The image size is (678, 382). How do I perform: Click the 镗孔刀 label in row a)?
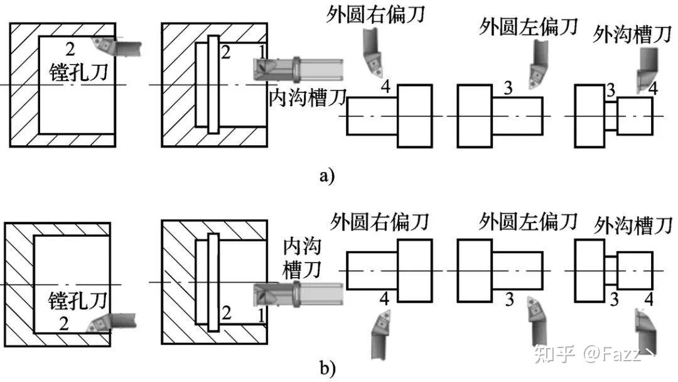coord(78,72)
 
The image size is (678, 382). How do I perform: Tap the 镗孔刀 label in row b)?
coord(77,300)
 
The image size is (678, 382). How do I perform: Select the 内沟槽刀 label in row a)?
coord(308,97)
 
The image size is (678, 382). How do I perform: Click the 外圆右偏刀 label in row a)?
coord(375,14)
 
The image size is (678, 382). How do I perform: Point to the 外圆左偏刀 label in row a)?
coord(529,27)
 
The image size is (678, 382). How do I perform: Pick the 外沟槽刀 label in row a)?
coord(632,34)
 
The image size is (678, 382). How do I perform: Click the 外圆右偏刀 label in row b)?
coord(379,222)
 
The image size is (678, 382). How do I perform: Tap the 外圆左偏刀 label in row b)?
coord(528,222)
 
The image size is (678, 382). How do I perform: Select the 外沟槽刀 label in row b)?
coord(633,226)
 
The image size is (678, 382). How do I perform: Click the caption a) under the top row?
coord(327,176)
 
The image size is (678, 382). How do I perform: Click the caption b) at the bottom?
coord(327,369)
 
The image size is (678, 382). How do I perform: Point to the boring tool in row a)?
coord(116,46)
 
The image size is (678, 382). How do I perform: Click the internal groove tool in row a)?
coord(298,68)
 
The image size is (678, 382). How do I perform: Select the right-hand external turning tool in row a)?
coord(372,53)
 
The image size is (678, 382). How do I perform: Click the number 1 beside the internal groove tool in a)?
coord(262,52)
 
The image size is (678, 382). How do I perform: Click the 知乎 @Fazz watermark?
coord(595,353)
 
